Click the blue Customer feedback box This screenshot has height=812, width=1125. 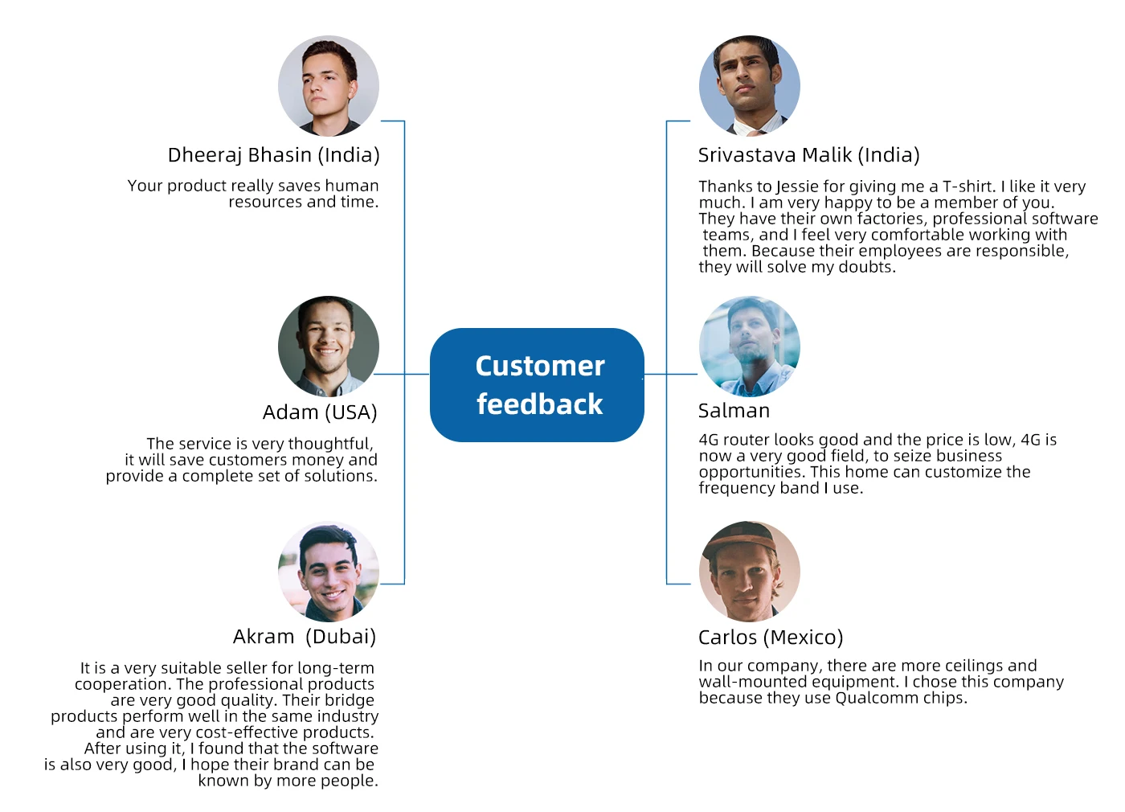tap(537, 384)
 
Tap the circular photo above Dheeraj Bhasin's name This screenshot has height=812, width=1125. tap(329, 85)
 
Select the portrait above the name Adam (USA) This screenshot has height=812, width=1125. tap(329, 347)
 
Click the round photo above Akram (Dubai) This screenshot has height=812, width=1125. tap(329, 572)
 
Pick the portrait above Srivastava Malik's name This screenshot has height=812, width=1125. tap(750, 85)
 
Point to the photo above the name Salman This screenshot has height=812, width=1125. tap(750, 347)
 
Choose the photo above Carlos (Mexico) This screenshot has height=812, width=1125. tap(750, 572)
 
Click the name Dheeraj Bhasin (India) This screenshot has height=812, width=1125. tap(273, 154)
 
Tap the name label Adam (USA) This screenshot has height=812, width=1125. tap(320, 412)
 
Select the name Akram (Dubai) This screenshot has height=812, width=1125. tap(305, 637)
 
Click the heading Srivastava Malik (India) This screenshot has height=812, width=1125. tap(808, 154)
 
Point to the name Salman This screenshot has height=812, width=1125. tap(734, 411)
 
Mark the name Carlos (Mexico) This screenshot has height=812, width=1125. tap(771, 638)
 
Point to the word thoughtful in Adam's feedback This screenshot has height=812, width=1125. tap(330, 444)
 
